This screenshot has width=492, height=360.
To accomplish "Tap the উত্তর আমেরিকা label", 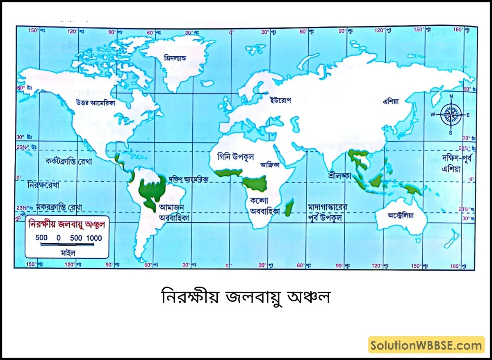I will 95,103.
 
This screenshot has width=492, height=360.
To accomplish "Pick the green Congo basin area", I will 255,184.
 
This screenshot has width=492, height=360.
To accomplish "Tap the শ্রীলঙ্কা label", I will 340,175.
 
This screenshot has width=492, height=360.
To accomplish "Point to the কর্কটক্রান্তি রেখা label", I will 69,161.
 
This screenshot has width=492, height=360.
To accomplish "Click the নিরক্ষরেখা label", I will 44,185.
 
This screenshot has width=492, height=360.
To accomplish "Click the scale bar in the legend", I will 67,245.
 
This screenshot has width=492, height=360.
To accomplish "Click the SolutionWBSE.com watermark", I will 426,345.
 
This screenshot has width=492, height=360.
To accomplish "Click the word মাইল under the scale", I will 67,253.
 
